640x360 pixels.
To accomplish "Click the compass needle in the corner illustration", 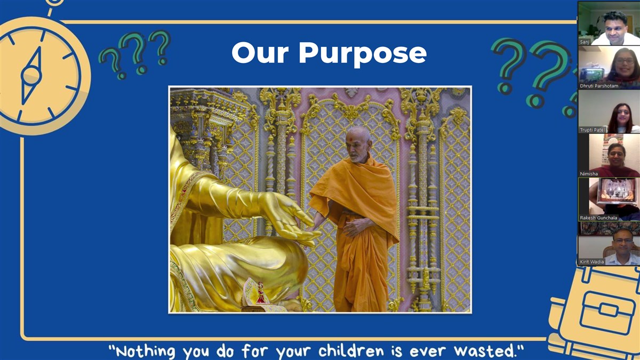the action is [x=31, y=75].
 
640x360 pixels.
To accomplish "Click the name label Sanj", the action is [x=585, y=42].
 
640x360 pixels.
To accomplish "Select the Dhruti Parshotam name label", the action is [x=599, y=86].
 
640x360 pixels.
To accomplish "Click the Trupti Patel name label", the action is [x=592, y=130].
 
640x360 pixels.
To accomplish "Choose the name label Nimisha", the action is [x=589, y=174].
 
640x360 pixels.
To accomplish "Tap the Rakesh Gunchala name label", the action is [x=598, y=218].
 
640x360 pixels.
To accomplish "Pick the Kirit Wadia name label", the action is [x=591, y=262].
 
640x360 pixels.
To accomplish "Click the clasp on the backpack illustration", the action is [x=608, y=310].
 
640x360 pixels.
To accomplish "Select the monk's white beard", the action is [x=358, y=157].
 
